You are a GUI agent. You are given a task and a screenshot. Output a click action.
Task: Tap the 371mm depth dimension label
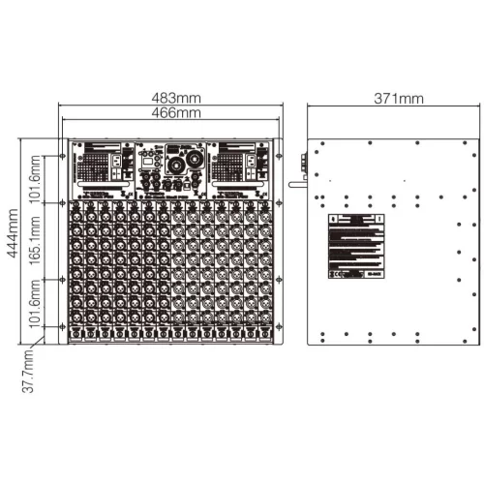point(397,99)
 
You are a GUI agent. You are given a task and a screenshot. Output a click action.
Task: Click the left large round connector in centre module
point(176,166)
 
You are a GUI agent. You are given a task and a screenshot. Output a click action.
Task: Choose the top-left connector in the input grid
point(76,211)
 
